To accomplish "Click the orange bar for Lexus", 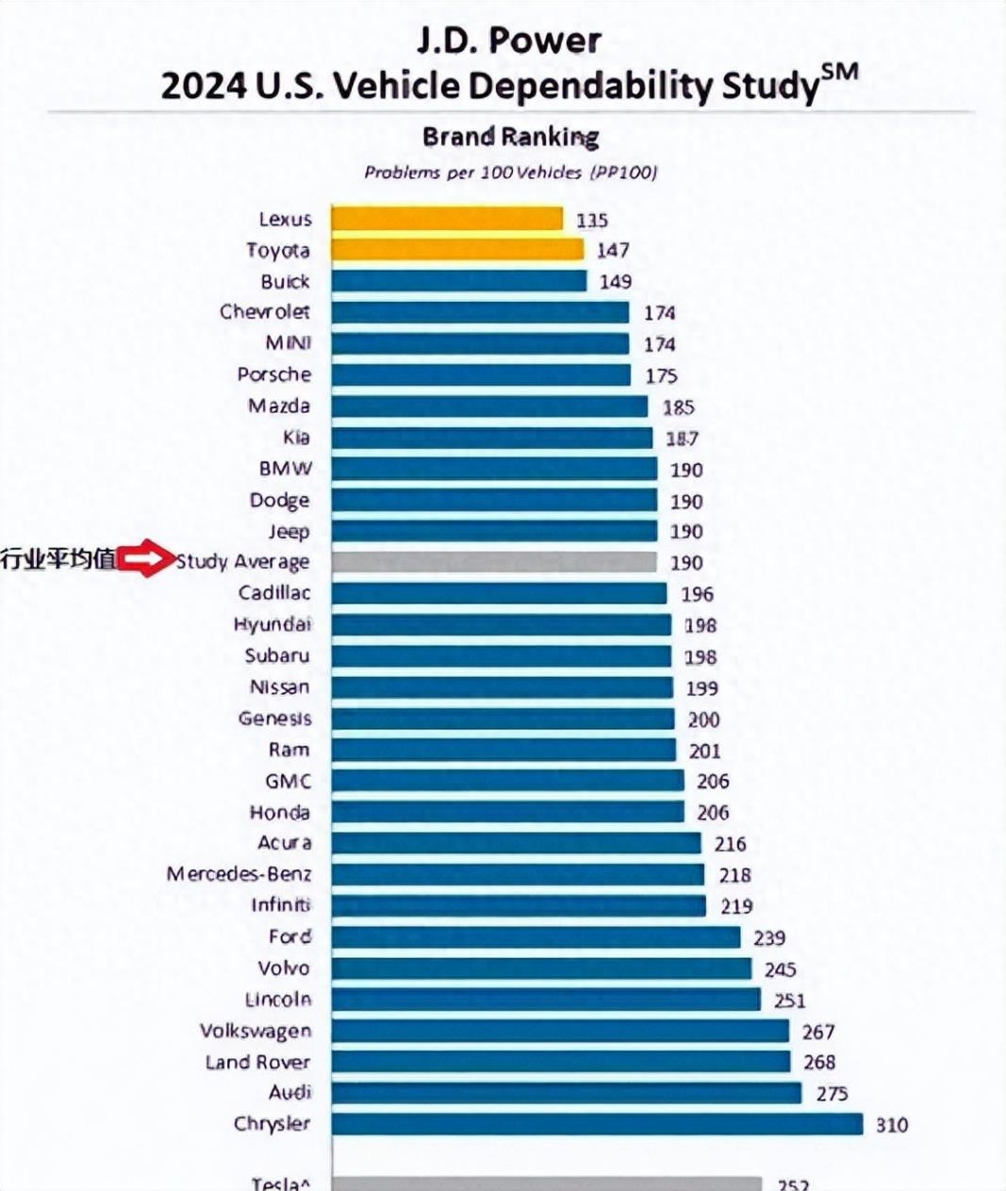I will tap(447, 219).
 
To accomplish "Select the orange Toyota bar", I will tap(457, 250).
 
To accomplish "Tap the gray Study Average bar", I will tap(494, 562).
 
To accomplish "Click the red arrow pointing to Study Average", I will tap(146, 561).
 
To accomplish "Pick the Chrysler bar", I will tap(597, 1124).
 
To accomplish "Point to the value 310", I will tap(891, 1125).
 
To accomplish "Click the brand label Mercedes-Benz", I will tap(239, 874).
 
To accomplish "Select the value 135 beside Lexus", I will tap(592, 221).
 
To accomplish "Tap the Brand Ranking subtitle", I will tap(510, 138).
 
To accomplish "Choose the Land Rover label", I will tap(257, 1062).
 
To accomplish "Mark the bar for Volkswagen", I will tap(560, 1031).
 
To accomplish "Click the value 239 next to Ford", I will tap(769, 938).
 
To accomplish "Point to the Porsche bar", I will tap(481, 374).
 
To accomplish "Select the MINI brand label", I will tap(288, 343).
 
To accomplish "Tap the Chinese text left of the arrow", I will tap(58, 560).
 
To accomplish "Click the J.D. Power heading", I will tap(509, 41).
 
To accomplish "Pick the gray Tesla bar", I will tap(546, 1183).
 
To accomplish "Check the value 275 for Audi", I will tap(832, 1094).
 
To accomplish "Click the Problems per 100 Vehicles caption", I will tap(510, 173).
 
